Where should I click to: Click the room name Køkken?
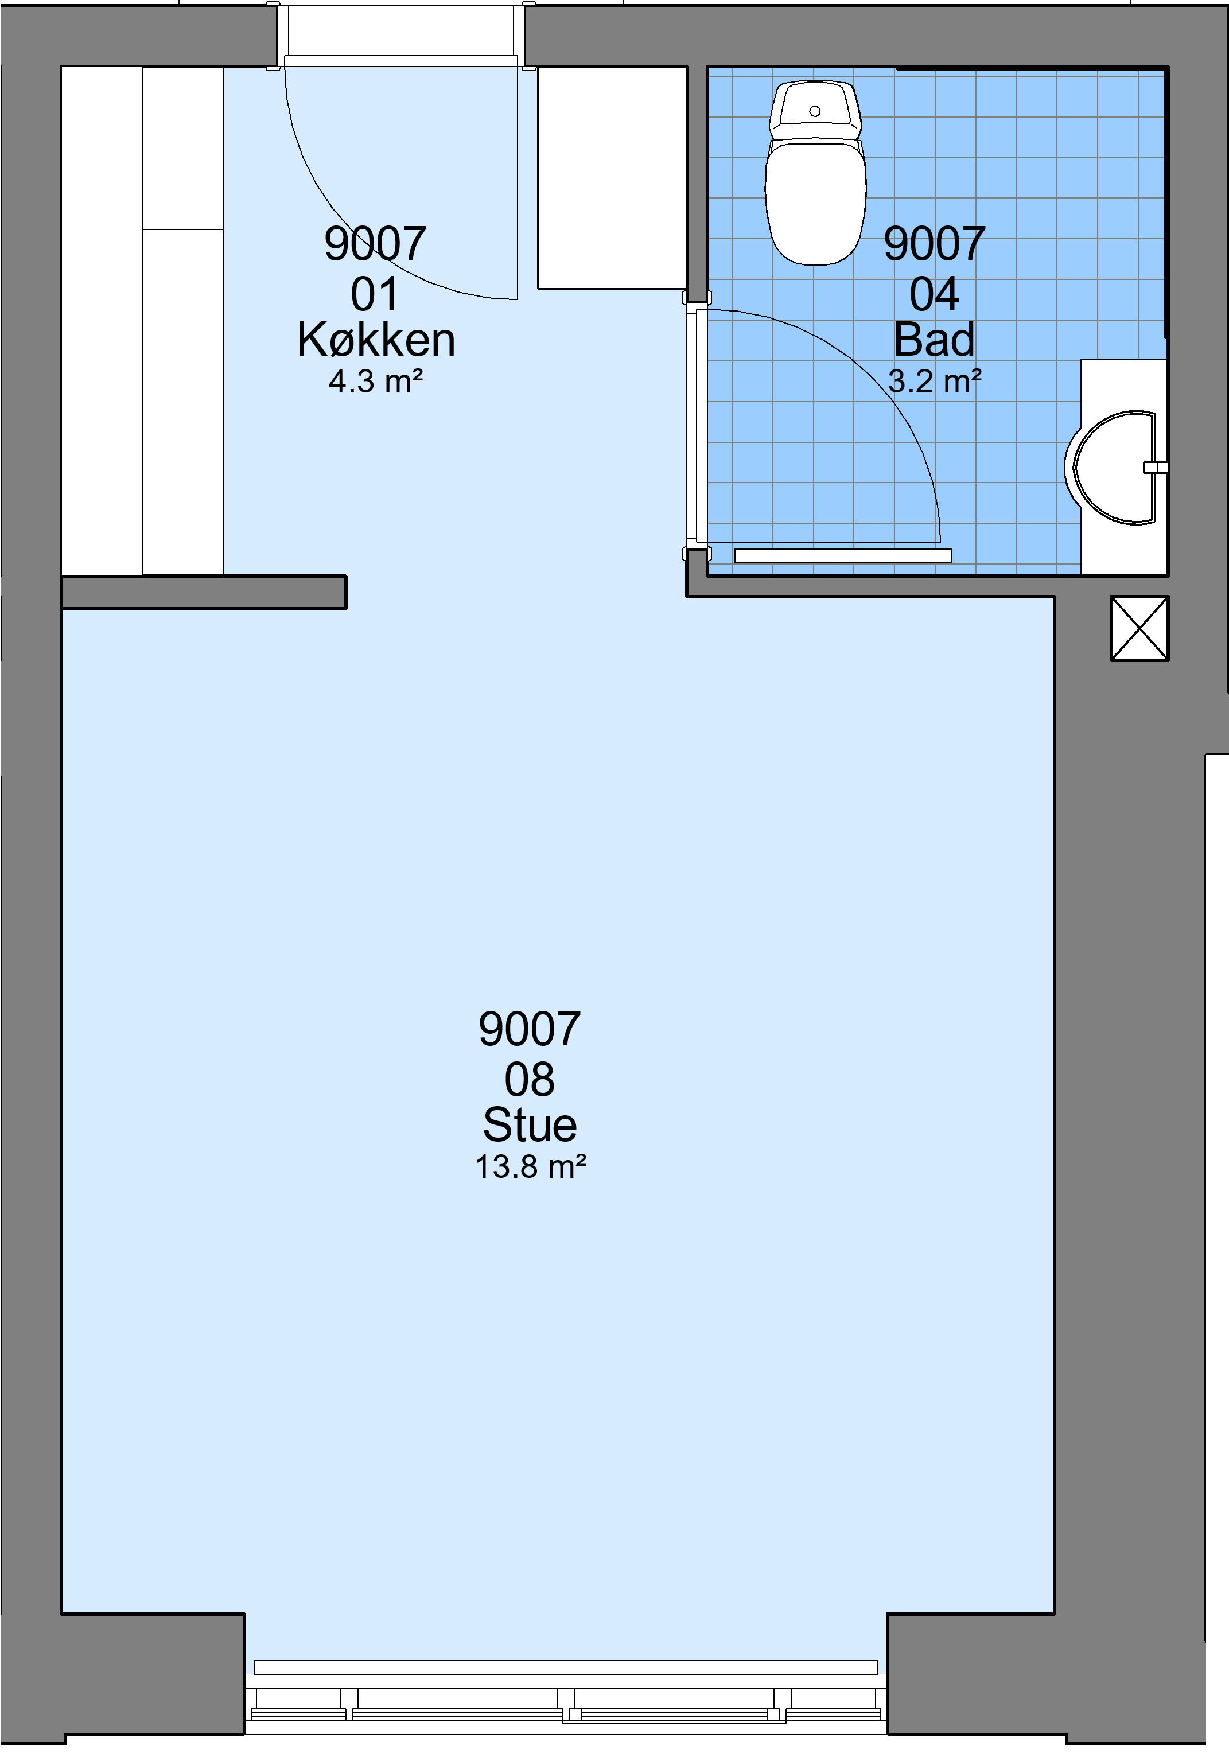(376, 340)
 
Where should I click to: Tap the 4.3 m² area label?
(376, 382)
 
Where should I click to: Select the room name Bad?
(934, 340)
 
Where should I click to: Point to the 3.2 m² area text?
(935, 382)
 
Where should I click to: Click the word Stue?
(530, 1125)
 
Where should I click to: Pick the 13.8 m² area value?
(530, 1167)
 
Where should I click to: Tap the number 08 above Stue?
(530, 1079)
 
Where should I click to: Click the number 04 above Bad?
(934, 295)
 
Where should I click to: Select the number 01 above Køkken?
(375, 295)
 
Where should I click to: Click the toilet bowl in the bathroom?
(815, 203)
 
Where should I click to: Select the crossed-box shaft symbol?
(1139, 628)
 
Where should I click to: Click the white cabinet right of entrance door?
(612, 178)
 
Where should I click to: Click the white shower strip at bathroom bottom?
(843, 556)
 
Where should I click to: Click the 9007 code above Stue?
(530, 1030)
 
